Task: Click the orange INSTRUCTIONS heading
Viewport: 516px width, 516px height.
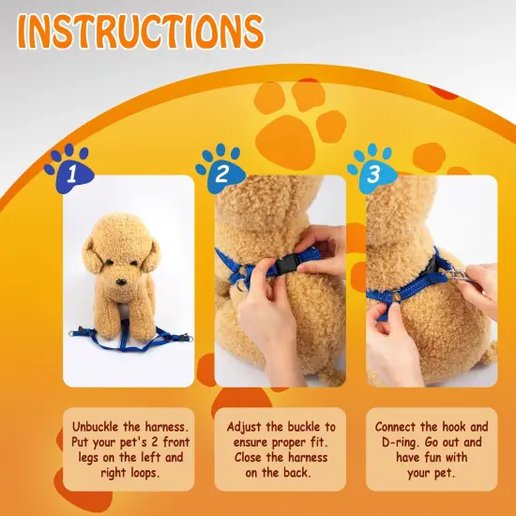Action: click(141, 31)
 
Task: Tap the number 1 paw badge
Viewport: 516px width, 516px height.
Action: click(69, 169)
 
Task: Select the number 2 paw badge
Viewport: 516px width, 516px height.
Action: click(220, 169)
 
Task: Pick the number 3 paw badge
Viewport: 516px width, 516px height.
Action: click(372, 169)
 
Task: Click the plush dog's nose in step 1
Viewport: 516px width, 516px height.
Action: click(121, 281)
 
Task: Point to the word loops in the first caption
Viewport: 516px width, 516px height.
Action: click(145, 473)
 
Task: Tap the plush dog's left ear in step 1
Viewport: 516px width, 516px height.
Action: click(92, 255)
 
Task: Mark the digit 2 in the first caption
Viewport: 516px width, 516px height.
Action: click(155, 442)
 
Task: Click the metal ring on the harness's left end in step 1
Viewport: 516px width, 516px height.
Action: click(73, 334)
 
